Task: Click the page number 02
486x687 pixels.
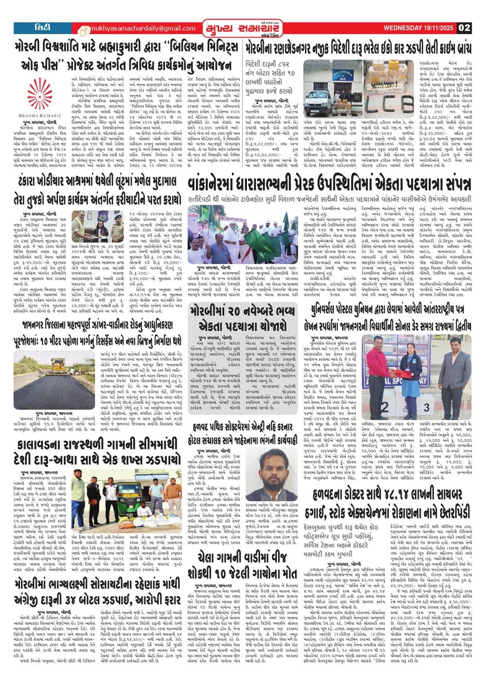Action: (464, 28)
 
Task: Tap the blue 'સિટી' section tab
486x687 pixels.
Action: (42, 27)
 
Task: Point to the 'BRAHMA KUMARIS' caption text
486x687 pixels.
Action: (39, 116)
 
